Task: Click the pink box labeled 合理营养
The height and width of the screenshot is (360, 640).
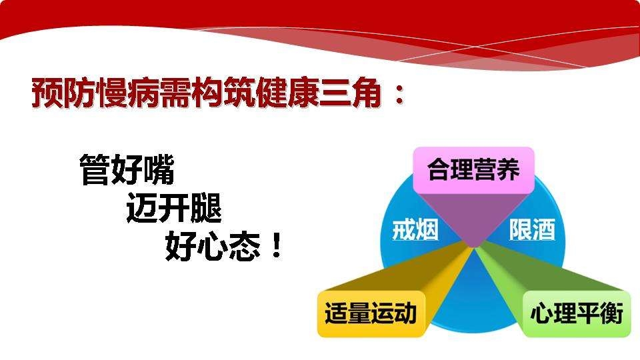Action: (x=473, y=170)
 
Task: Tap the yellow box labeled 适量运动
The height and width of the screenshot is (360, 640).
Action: (x=371, y=313)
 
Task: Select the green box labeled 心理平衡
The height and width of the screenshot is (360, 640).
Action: (x=576, y=313)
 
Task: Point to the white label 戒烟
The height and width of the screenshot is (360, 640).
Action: (x=415, y=230)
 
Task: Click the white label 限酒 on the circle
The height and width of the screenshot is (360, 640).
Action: (x=532, y=230)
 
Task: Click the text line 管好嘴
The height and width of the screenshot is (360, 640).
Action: (x=127, y=170)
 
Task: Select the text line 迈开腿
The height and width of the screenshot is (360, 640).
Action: (x=174, y=208)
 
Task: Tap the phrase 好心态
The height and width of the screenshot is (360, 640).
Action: (x=213, y=246)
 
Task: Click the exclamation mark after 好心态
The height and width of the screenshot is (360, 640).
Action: (x=277, y=246)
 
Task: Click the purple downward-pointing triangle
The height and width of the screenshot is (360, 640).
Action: (x=473, y=219)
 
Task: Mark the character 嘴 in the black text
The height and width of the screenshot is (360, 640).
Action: (x=159, y=170)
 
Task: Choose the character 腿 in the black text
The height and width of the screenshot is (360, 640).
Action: (x=206, y=208)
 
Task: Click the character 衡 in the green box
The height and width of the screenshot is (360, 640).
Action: (x=611, y=313)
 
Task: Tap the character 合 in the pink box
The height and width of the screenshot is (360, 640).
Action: (x=439, y=170)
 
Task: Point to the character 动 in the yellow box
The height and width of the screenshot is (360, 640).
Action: (x=405, y=313)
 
